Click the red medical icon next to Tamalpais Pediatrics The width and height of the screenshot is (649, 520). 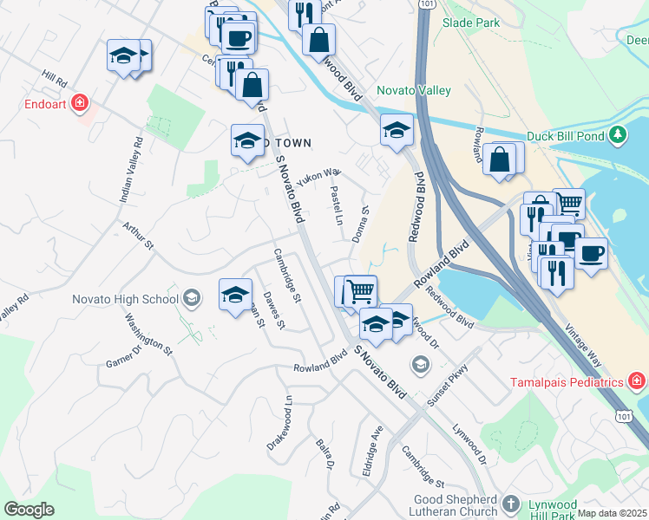tap(636, 381)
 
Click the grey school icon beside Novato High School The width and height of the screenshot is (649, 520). tap(191, 299)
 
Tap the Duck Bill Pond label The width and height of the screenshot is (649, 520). tap(566, 136)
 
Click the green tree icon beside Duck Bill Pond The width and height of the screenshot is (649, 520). tap(617, 135)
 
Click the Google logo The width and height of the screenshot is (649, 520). tap(29, 510)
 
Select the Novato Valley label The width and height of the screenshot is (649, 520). tap(413, 91)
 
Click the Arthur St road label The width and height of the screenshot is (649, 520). tap(138, 236)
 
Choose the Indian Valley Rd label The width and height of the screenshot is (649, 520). tap(130, 170)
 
